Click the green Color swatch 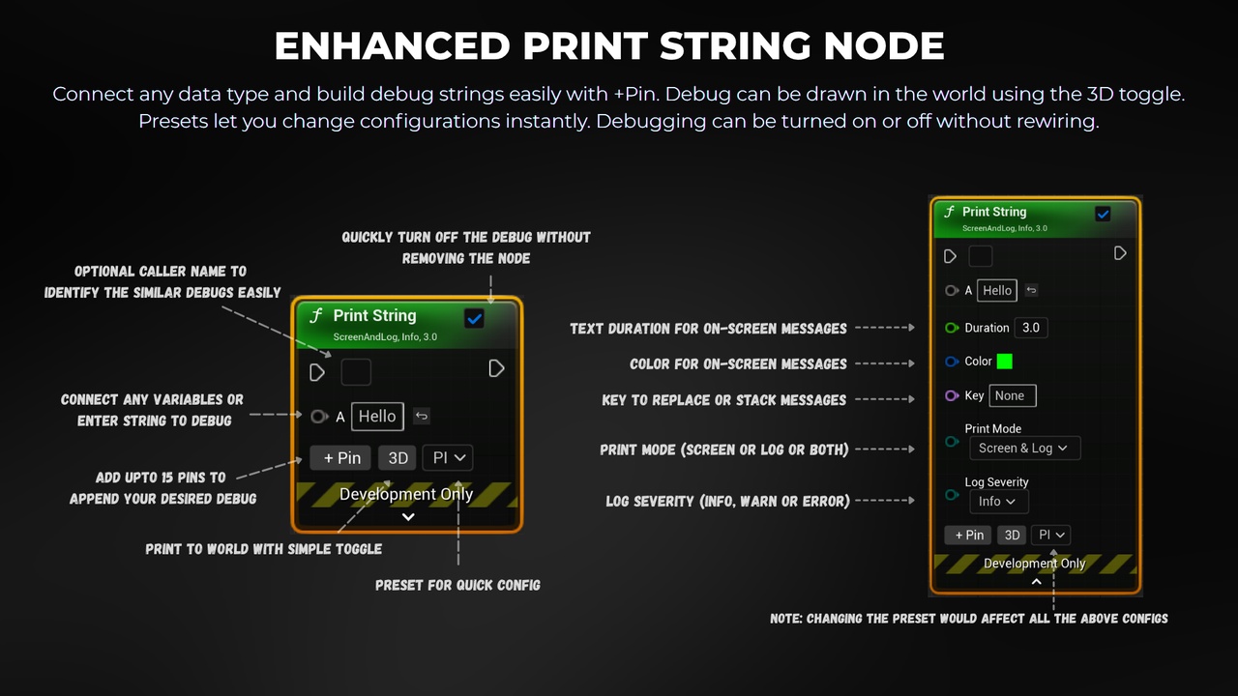(x=1004, y=362)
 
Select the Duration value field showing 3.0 (x=1031, y=328)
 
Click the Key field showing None (x=1012, y=395)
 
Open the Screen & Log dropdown (x=1024, y=448)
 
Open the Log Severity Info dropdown (x=999, y=502)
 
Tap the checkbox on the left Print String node (x=474, y=318)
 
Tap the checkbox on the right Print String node (x=1103, y=214)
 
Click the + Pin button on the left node (x=340, y=458)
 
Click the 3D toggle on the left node (x=398, y=458)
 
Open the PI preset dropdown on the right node (x=1050, y=535)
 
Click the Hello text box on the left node (x=377, y=416)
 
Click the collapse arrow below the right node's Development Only (x=1036, y=582)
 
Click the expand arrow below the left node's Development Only (x=408, y=517)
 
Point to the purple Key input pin (x=951, y=395)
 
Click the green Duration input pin (x=951, y=328)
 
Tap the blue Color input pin (x=951, y=362)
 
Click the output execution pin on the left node (x=496, y=368)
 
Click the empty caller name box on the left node (x=356, y=372)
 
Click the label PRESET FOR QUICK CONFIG (x=457, y=585)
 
